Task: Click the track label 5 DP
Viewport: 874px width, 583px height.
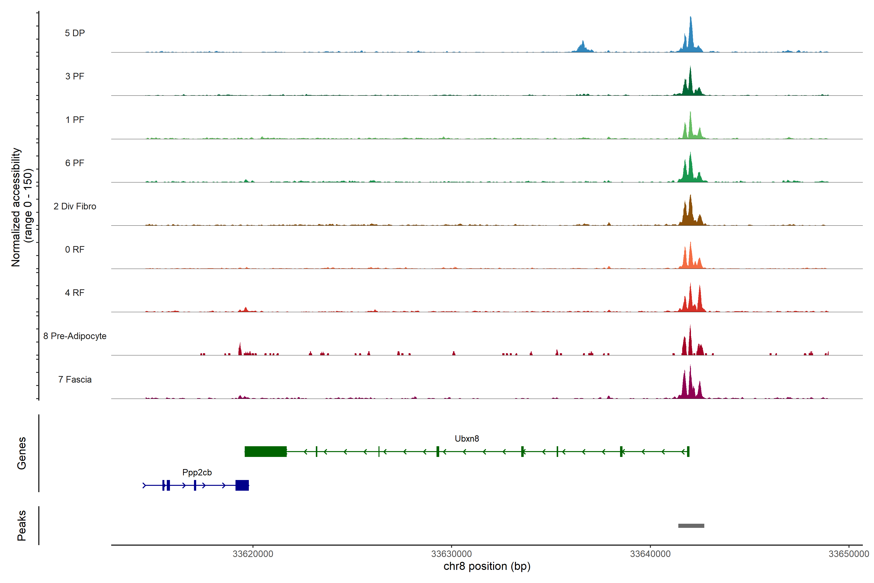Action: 75,33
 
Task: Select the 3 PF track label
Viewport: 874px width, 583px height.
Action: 75,76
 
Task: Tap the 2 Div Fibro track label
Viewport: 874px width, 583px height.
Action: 75,206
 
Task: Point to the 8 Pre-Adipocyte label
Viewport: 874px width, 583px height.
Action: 75,336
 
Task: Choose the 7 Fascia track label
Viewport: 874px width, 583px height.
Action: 75,380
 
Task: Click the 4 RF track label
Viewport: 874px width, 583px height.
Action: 75,293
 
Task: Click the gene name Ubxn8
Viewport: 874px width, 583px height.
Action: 467,439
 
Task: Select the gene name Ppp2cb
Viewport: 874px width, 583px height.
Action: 197,472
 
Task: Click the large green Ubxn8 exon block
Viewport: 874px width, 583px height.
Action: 266,451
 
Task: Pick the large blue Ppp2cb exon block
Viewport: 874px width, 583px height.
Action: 242,485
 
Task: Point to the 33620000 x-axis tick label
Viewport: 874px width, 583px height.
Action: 253,554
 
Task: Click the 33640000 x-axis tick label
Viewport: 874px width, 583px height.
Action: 650,554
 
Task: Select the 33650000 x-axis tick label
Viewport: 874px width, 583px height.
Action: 849,554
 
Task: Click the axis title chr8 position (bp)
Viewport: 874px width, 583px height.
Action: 487,566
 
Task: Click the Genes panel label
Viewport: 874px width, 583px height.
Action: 22,453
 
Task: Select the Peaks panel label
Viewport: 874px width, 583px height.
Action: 22,525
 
